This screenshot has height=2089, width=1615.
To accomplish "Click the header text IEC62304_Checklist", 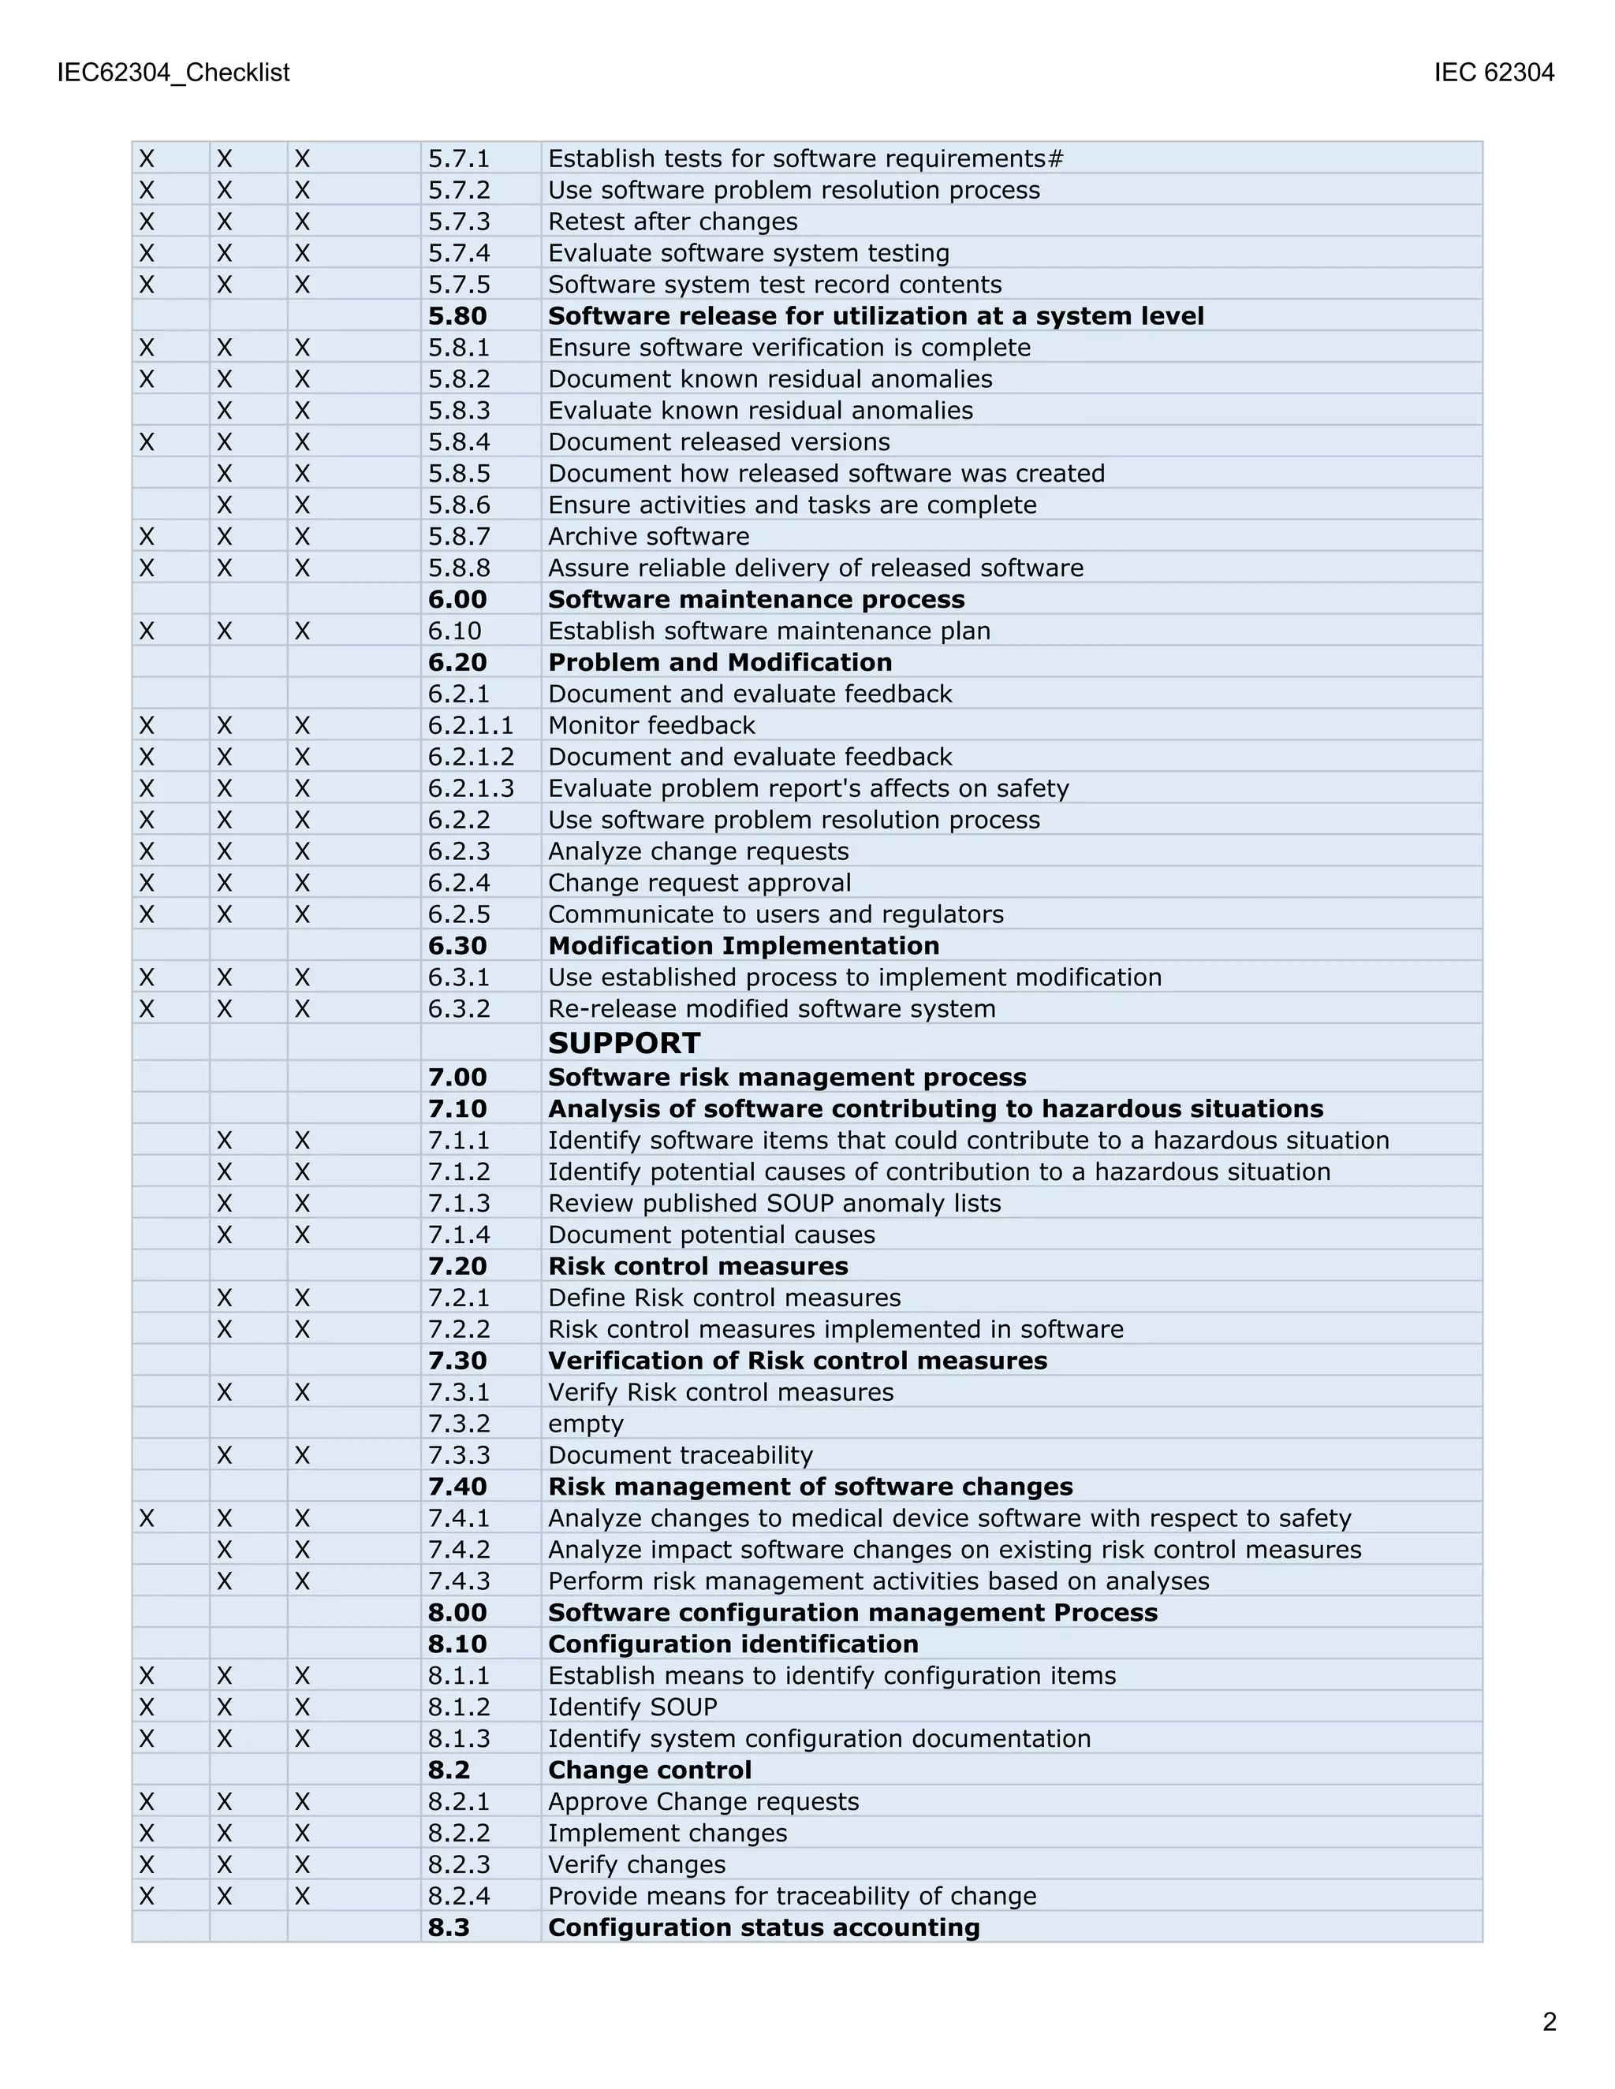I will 173,73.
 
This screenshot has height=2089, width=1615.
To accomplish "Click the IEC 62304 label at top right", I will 1494,73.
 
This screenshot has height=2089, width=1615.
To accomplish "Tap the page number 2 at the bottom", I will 1549,2021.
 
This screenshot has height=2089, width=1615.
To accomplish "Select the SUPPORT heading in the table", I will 624,1043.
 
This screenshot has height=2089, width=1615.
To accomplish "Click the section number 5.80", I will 457,315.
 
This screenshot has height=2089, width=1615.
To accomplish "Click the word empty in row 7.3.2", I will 586,1423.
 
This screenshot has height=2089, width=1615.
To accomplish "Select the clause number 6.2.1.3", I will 471,788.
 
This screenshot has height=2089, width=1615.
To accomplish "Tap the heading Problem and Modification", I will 719,662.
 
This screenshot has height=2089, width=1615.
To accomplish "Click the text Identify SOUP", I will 632,1707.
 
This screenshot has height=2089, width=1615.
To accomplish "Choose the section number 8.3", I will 449,1927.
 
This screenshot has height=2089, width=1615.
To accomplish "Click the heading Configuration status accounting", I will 763,1927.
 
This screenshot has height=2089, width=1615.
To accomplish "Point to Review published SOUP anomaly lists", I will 774,1203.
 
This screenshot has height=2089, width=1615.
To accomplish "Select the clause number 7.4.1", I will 458,1518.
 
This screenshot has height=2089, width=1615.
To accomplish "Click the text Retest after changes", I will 673,222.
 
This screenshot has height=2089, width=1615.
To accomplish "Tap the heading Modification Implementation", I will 744,945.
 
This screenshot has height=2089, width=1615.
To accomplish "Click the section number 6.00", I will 457,599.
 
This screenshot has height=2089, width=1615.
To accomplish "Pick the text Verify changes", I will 636,1864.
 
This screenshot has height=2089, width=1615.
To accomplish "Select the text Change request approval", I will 699,883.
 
